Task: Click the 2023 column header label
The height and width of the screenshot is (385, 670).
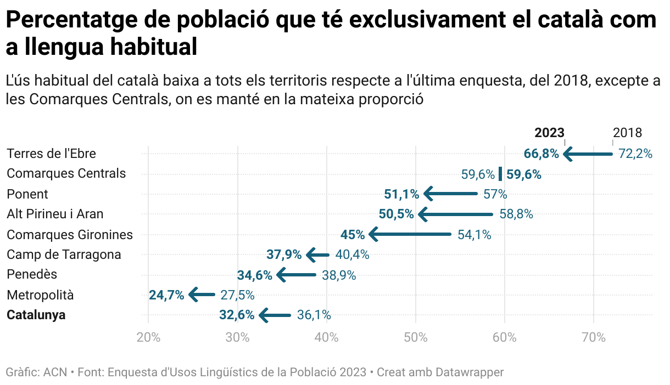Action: [x=549, y=133]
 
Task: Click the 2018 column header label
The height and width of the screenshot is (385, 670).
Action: [x=627, y=133]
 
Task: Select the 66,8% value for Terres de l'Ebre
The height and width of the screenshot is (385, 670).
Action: [x=541, y=154]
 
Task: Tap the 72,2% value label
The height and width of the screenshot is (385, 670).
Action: [x=635, y=154]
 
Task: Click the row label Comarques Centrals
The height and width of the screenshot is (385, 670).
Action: [x=66, y=174]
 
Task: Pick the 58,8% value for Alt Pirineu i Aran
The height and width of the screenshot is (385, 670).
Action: [x=516, y=214]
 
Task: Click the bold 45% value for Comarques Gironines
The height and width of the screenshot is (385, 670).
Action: [x=353, y=235]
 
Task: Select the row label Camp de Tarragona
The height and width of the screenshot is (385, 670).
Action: [x=64, y=254]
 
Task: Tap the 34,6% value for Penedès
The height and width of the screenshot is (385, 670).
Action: [x=254, y=275]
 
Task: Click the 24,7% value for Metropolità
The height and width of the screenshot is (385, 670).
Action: [x=166, y=295]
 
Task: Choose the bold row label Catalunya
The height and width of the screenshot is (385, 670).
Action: [x=36, y=315]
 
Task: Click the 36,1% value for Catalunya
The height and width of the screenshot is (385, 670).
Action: [x=314, y=315]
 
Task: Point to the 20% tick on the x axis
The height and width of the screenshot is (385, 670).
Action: [x=148, y=337]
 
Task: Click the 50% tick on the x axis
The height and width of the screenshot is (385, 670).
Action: [x=416, y=337]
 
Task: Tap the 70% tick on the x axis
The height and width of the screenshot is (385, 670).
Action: [x=594, y=337]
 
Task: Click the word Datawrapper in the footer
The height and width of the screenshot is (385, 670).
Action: [x=470, y=372]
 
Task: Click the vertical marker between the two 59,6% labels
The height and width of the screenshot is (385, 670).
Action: [x=500, y=174]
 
